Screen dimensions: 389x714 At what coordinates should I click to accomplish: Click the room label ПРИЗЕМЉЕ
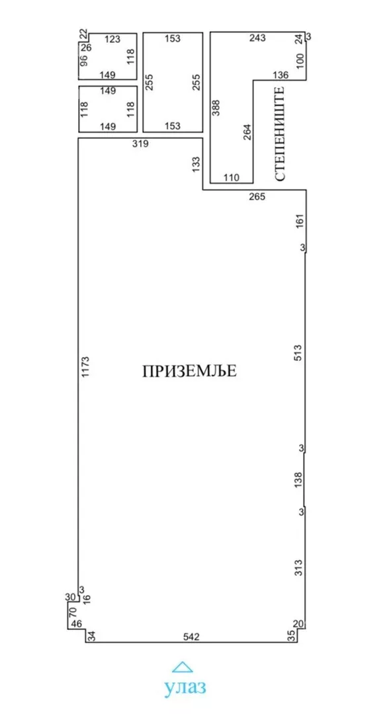(189, 371)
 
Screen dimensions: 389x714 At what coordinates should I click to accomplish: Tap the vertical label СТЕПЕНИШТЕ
(281, 134)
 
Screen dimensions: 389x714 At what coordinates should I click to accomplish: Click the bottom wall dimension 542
(191, 637)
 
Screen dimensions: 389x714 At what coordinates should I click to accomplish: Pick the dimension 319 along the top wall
(140, 144)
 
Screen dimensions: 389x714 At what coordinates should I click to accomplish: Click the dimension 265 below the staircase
(257, 197)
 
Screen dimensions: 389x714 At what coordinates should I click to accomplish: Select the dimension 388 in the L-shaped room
(216, 108)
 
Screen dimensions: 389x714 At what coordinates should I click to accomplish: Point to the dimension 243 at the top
(257, 38)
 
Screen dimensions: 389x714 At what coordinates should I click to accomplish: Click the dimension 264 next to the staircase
(247, 132)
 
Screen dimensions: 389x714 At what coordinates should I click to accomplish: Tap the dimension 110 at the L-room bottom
(232, 178)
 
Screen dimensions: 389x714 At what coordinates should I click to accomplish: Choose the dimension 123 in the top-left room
(112, 40)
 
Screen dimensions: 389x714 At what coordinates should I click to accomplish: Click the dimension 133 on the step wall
(196, 164)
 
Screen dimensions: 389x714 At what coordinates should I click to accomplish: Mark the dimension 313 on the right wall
(298, 568)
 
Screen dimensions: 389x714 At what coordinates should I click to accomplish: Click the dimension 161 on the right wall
(299, 221)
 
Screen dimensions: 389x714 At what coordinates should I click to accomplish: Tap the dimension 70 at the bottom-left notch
(73, 611)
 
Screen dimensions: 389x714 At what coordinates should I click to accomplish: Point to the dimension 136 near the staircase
(281, 75)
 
